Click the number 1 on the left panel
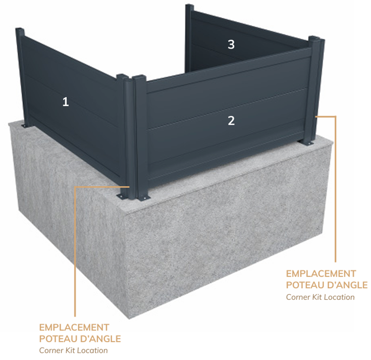[66, 102]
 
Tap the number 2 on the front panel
[231, 121]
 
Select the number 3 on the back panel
[231, 44]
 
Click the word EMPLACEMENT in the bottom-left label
[74, 328]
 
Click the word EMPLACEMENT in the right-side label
[321, 274]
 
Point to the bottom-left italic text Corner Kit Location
[73, 350]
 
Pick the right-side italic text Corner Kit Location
[320, 297]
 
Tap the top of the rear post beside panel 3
[189, 5]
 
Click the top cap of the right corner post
[316, 38]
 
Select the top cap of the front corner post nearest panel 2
[139, 77]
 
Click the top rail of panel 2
[228, 70]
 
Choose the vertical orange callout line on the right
[335, 189]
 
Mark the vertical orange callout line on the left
[75, 251]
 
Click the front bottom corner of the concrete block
[129, 319]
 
